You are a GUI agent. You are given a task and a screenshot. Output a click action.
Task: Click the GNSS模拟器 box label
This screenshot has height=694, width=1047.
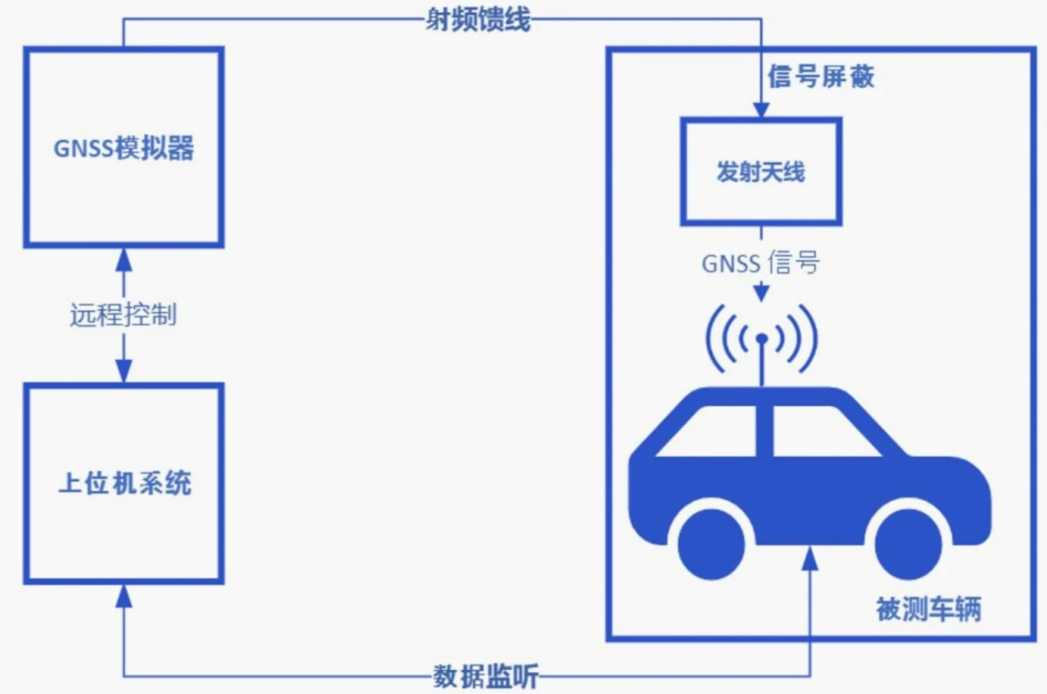(123, 148)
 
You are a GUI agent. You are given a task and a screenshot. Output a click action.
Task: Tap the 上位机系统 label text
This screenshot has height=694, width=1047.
(125, 483)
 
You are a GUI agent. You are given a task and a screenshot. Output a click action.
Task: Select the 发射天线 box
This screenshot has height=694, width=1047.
(761, 172)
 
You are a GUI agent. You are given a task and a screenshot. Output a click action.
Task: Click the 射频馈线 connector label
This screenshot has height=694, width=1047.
(478, 19)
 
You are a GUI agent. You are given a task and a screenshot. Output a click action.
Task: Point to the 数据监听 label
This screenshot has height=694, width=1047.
(486, 676)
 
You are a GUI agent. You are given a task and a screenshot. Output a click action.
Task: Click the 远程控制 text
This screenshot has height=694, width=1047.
(123, 314)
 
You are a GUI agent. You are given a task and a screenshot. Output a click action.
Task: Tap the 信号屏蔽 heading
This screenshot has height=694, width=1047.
(821, 77)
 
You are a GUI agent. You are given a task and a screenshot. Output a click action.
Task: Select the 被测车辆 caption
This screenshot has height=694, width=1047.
(928, 608)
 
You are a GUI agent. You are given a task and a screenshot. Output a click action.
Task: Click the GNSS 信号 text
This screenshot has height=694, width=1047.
(761, 263)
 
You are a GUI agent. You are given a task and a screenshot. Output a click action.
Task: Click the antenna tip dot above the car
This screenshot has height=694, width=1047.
(762, 339)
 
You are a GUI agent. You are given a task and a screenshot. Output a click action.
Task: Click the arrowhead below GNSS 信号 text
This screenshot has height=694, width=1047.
(761, 292)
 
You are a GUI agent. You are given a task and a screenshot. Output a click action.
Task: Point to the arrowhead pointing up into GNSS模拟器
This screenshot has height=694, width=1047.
(123, 260)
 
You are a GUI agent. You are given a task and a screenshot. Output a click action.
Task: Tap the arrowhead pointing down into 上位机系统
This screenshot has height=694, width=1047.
(123, 371)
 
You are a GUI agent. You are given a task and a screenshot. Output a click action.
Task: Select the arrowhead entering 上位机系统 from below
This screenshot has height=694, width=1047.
(123, 596)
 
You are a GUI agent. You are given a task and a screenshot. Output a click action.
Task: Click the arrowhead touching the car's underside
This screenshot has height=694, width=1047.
(810, 558)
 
